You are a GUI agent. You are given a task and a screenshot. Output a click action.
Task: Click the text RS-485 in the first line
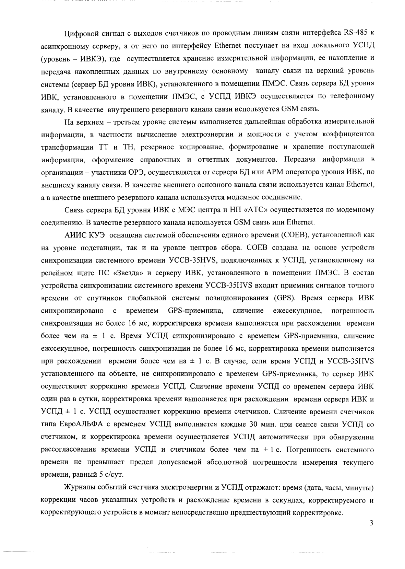356,33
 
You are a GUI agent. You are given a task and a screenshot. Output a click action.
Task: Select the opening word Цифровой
81,33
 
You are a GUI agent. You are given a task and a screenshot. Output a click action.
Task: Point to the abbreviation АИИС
73,235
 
